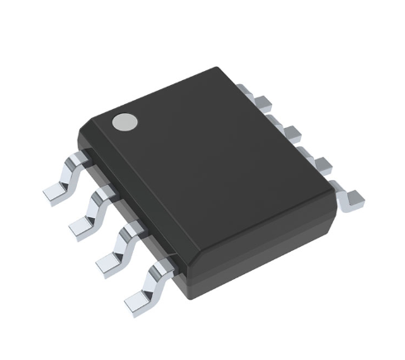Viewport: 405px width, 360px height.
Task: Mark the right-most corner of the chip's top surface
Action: [x=337, y=198]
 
